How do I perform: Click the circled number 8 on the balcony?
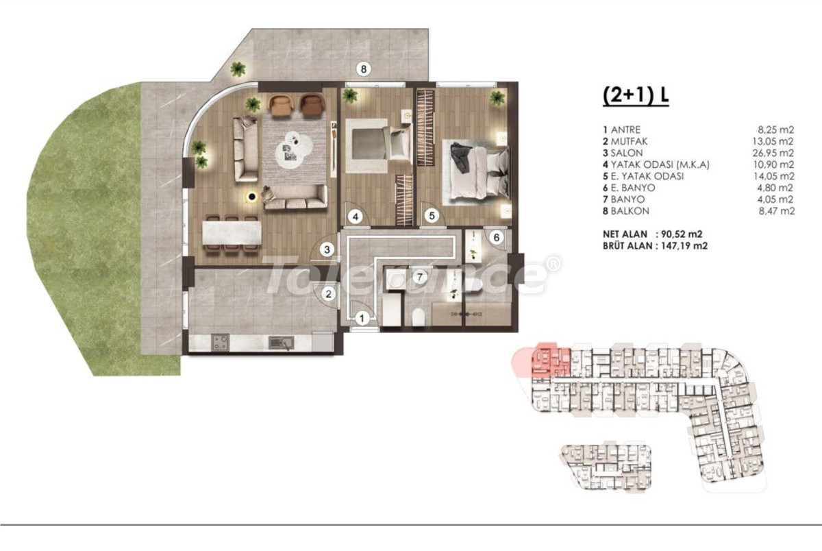(363, 69)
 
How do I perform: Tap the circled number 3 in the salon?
(327, 249)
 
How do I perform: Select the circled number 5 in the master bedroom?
(432, 216)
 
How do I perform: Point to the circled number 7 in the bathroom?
(420, 277)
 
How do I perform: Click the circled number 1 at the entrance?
(362, 318)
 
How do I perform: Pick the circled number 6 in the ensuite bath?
(496, 238)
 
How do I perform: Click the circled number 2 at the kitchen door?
(328, 294)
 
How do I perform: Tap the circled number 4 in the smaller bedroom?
(356, 217)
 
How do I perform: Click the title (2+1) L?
(636, 95)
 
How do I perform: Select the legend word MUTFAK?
(629, 141)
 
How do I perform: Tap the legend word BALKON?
(630, 210)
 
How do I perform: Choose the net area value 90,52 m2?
(682, 234)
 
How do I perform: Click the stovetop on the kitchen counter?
(220, 343)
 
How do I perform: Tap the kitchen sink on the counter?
(281, 343)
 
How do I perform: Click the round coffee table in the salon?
(295, 150)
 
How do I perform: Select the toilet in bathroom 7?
(419, 317)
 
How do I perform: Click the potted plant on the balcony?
(238, 69)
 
